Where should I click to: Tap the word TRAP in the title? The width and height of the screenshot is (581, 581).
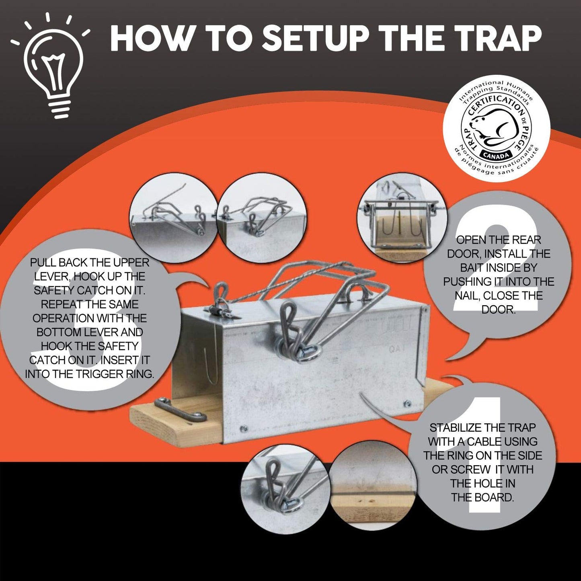pos(489,38)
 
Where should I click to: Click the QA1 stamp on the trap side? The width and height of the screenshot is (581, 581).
pos(396,349)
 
